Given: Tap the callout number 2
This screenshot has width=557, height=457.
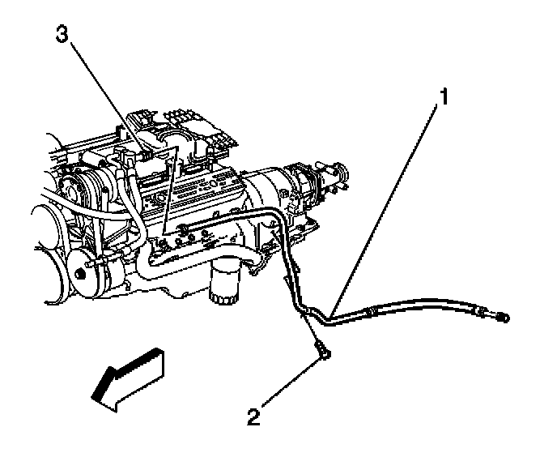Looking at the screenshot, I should [x=253, y=418].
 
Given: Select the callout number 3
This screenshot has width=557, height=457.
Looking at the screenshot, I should [x=60, y=35].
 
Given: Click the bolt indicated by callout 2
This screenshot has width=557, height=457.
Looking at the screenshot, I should [x=323, y=352].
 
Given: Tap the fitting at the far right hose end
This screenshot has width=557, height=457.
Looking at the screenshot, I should [x=504, y=317].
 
